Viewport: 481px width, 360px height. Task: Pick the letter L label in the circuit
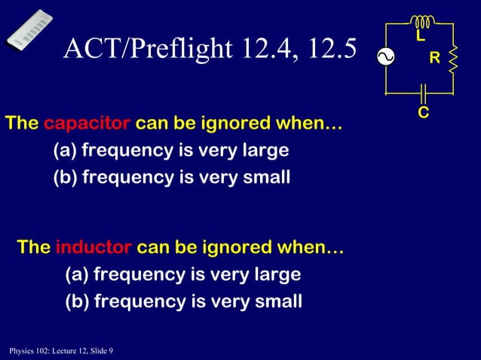click(x=420, y=37)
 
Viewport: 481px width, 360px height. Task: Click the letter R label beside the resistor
click(x=434, y=58)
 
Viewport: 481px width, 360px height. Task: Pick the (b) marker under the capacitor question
click(x=65, y=178)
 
